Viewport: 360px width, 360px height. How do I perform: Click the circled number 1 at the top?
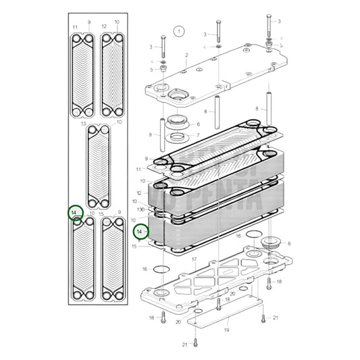(x=178, y=31)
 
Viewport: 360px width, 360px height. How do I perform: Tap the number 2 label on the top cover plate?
(x=186, y=55)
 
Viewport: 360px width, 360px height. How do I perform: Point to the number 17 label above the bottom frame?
(x=194, y=259)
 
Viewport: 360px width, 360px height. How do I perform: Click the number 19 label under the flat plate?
(x=226, y=330)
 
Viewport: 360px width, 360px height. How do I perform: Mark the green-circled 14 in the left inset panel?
(x=76, y=213)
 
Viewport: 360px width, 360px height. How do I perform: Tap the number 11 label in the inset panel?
(x=75, y=26)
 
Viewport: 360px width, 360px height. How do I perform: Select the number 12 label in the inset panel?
(x=103, y=26)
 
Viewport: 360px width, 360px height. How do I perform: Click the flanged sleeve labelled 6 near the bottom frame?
(x=272, y=242)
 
